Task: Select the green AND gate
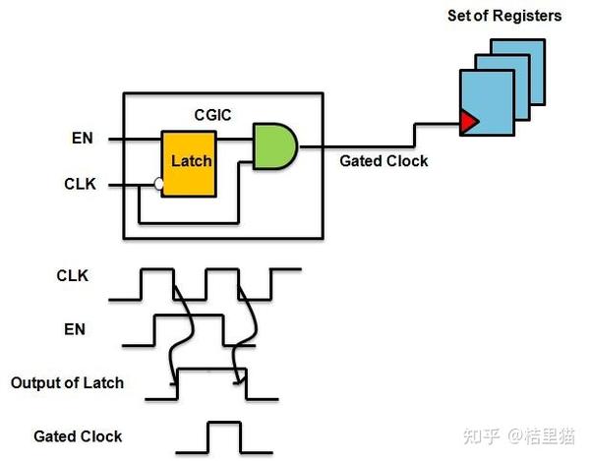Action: point(274,146)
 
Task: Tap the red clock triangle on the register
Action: point(469,121)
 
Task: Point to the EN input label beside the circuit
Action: point(82,139)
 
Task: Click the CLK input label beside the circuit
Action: point(79,184)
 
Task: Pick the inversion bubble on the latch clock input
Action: point(158,184)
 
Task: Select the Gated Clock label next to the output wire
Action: point(383,160)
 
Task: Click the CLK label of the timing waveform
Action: point(72,276)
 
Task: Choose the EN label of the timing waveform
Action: point(75,329)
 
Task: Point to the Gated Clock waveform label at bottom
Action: point(78,435)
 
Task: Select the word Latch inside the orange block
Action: point(190,160)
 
